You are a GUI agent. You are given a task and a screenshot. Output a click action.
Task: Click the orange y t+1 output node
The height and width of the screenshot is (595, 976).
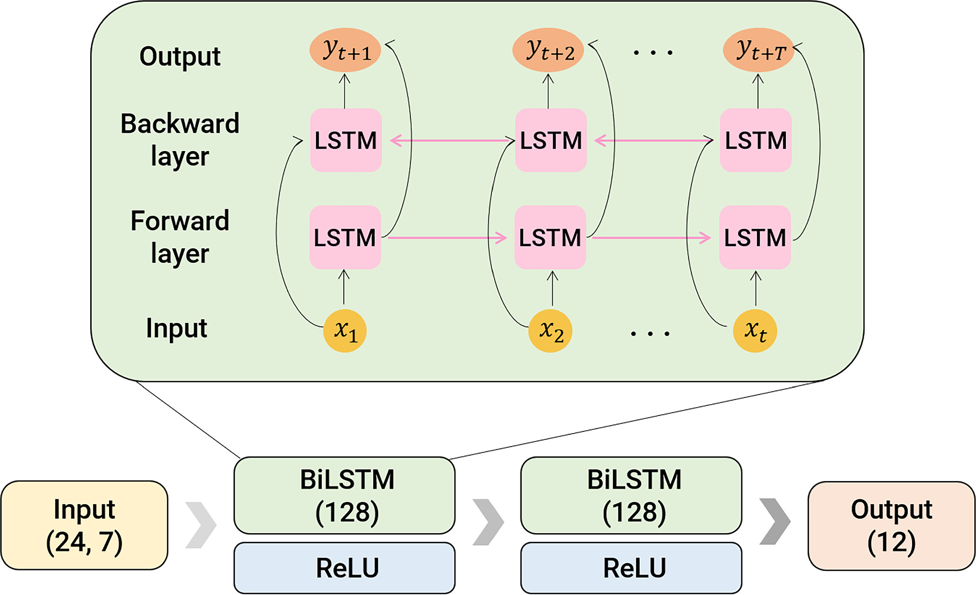(345, 51)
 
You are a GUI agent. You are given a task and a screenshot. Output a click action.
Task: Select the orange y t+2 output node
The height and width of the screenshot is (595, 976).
(548, 51)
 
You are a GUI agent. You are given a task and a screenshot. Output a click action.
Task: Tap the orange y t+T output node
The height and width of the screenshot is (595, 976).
(758, 51)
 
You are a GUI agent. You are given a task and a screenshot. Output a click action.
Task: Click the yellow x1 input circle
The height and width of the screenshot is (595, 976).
(345, 331)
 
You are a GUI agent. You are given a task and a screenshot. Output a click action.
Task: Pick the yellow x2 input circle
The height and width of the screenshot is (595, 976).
(550, 331)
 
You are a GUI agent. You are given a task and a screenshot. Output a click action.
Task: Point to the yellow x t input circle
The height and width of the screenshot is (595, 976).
(755, 331)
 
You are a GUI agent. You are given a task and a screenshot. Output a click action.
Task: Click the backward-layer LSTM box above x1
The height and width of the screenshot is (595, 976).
(346, 140)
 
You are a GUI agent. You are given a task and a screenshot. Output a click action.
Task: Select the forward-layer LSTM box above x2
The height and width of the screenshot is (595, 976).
(550, 237)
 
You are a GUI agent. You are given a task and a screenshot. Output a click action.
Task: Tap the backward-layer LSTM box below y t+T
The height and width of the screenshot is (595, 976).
(755, 140)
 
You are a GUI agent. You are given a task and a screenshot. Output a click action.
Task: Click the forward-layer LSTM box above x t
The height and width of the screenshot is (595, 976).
(755, 237)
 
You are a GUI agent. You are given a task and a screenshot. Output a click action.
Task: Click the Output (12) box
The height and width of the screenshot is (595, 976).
(891, 525)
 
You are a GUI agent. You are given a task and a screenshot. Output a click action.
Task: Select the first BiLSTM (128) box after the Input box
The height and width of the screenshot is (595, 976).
(344, 495)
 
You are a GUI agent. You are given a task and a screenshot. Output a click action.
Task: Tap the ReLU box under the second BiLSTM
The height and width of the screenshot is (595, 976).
(631, 568)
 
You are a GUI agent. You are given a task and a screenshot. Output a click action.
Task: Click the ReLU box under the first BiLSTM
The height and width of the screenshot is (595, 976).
(344, 568)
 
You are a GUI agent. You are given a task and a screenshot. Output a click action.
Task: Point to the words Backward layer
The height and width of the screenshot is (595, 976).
(179, 140)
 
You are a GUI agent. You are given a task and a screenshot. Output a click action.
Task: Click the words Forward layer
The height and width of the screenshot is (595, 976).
(179, 236)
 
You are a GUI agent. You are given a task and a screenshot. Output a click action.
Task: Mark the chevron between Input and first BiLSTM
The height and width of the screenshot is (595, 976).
(201, 525)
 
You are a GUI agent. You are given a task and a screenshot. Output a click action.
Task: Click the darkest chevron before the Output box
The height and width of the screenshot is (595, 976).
(775, 521)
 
